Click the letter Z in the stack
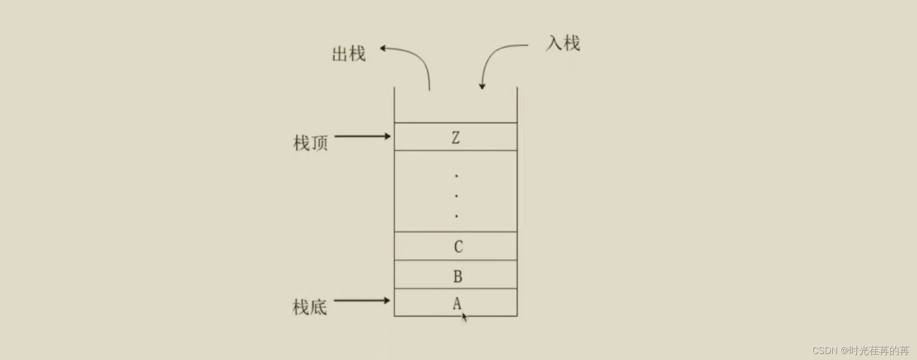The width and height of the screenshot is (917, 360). coord(455,138)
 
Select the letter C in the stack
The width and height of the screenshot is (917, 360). coord(458,247)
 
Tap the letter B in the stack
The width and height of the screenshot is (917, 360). coord(457,276)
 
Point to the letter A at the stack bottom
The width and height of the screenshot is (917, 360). coord(456,303)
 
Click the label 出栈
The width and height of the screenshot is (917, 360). coord(348,54)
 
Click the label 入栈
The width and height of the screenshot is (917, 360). coord(563,43)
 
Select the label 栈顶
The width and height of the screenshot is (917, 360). coord(310,143)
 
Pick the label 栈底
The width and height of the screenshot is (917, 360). coord(310,307)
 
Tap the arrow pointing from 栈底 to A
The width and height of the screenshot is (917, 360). coord(362,300)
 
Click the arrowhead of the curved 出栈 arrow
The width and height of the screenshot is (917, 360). coord(383,49)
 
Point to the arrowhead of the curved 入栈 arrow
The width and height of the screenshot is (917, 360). coord(482,86)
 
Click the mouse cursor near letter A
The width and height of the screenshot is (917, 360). coord(465,317)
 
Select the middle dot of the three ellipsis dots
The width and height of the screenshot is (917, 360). coord(456,196)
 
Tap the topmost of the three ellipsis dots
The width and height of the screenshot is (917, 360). coord(456,176)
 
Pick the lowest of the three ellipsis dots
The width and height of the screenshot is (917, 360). coord(456,216)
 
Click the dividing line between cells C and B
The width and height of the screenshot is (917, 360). coord(455,260)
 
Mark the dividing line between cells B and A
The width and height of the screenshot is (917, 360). coord(455,289)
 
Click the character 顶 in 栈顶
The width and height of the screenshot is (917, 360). coord(319,143)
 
